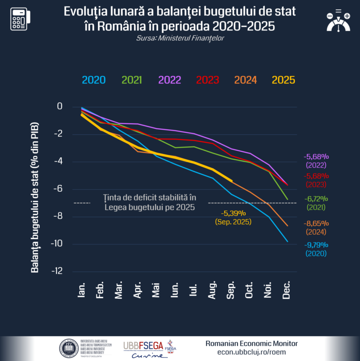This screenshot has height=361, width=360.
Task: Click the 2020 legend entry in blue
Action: pyautogui.click(x=94, y=80)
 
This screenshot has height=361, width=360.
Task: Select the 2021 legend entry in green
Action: pyautogui.click(x=132, y=80)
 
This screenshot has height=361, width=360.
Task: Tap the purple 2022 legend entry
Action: pyautogui.click(x=170, y=80)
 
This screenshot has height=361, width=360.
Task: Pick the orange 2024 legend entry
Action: pyautogui.click(x=246, y=80)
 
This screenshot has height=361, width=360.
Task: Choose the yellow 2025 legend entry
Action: pyautogui.click(x=284, y=80)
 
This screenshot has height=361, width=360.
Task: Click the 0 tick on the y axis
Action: pyautogui.click(x=60, y=106)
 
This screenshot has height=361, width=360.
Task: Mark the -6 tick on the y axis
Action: pyautogui.click(x=58, y=189)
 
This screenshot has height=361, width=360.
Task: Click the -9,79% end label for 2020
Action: pyautogui.click(x=316, y=245)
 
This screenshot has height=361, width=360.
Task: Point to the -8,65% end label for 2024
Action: pyautogui.click(x=316, y=223)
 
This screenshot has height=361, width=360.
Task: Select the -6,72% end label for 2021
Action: pyautogui.click(x=316, y=199)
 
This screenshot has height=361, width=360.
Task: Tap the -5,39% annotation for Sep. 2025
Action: pyautogui.click(x=233, y=213)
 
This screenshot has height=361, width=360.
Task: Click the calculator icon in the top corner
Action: pyautogui.click(x=21, y=18)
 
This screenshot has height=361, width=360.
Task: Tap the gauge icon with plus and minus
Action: pyautogui.click(x=338, y=21)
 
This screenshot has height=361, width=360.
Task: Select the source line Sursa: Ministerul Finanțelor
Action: pyautogui.click(x=180, y=38)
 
